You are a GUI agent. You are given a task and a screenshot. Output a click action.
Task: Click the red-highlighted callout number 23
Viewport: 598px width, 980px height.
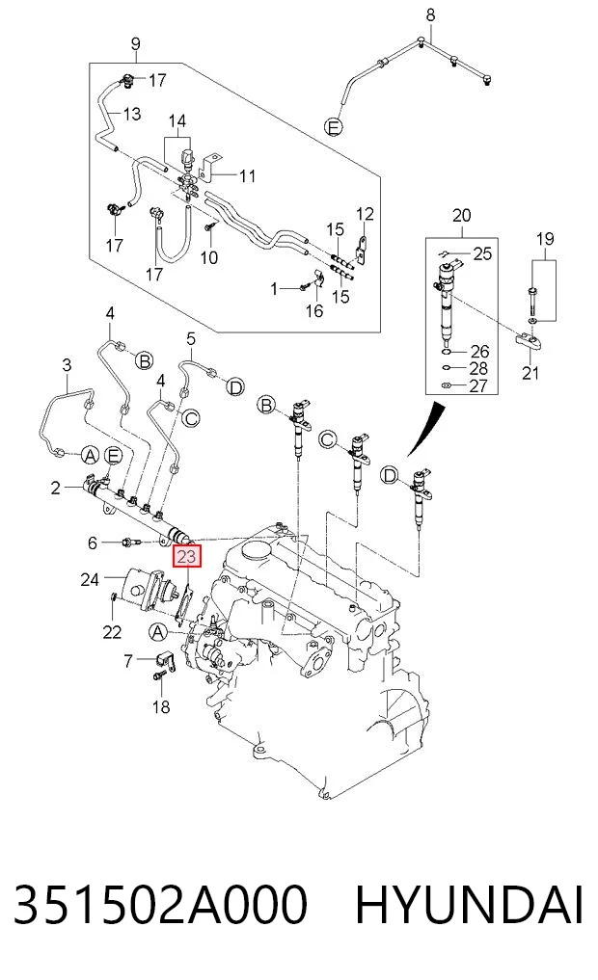[187, 556]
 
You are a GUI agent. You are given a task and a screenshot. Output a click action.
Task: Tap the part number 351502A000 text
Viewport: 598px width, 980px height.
[160, 903]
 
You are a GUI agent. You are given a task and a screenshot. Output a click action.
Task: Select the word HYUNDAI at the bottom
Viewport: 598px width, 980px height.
[470, 903]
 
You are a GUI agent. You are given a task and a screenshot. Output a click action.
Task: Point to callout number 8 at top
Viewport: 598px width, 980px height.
[431, 13]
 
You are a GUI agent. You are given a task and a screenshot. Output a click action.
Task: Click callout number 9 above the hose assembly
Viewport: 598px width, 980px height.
[136, 44]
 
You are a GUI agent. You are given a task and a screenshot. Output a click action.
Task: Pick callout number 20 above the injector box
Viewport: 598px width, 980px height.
[461, 216]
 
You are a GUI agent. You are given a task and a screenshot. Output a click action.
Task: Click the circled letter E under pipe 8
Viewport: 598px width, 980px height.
[334, 127]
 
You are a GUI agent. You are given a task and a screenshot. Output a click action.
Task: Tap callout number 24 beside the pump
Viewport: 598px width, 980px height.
[90, 579]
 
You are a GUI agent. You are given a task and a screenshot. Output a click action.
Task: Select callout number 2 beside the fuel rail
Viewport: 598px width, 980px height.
[56, 487]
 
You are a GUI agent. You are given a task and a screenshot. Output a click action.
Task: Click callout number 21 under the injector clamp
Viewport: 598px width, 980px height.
[530, 373]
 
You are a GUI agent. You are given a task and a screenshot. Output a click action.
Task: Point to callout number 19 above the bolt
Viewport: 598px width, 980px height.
[545, 239]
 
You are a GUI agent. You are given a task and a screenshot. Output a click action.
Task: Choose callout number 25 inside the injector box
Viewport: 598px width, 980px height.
[482, 253]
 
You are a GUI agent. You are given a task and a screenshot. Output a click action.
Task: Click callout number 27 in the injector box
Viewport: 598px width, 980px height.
[477, 385]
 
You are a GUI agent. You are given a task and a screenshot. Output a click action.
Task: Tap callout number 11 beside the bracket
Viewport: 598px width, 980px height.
[248, 176]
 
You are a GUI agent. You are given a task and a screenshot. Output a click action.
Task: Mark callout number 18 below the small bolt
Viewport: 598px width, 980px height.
[161, 706]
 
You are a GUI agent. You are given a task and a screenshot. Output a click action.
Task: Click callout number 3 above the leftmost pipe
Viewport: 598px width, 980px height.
[68, 365]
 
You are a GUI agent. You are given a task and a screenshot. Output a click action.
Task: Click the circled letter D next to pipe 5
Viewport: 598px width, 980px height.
[234, 387]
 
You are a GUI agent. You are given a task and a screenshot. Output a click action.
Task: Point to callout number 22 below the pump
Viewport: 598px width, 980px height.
[112, 632]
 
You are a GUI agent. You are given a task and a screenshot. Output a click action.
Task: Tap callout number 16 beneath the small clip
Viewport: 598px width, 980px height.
[314, 310]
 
